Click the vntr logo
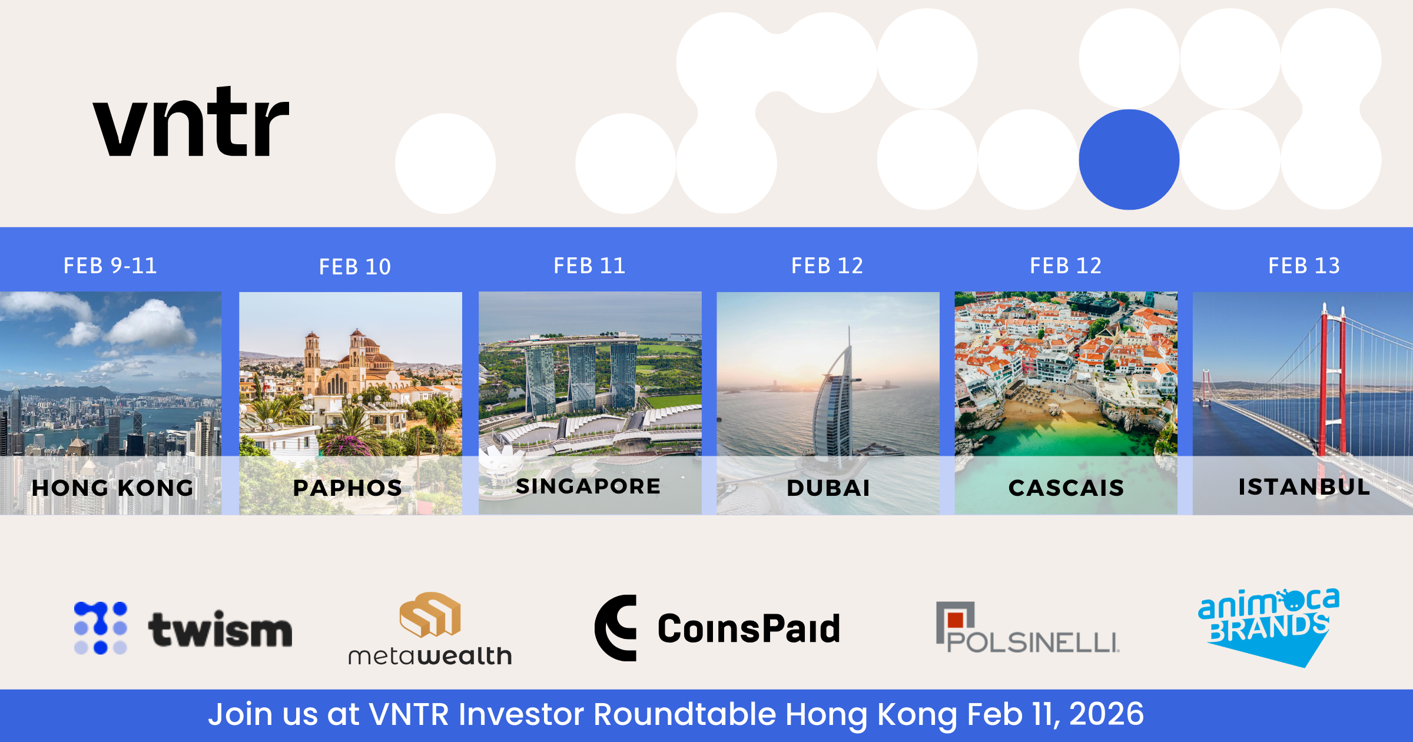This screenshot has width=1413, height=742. point(191,122)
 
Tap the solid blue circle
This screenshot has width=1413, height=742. point(1129,160)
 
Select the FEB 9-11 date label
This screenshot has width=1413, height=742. point(110,266)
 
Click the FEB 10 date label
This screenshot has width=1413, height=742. point(355,267)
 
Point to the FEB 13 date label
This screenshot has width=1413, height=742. point(1304,266)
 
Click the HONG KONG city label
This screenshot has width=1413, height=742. point(112,488)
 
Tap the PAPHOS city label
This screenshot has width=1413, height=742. point(347,488)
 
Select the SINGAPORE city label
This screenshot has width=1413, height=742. point(588,486)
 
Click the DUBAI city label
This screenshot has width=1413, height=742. point(828,488)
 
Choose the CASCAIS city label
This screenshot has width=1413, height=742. point(1066,488)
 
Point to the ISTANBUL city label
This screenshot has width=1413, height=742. point(1304,486)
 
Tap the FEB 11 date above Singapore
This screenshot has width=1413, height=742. point(589,266)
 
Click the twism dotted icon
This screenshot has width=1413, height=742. point(101,628)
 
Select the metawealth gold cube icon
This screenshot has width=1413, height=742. point(430,614)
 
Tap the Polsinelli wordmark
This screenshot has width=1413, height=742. point(1033,642)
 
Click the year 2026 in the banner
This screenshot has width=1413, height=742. point(1106,714)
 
